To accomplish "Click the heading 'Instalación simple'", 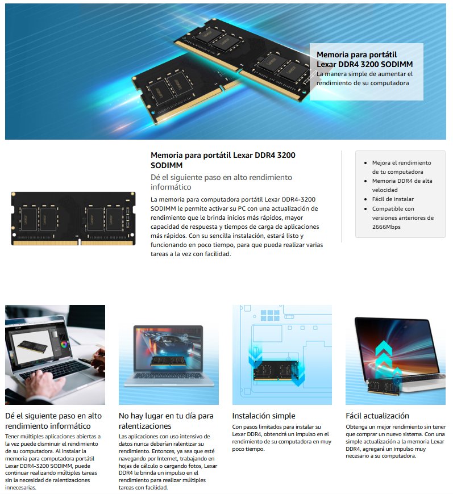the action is (264, 416).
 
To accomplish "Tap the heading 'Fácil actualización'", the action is (377, 416).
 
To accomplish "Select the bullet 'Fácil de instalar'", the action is (393, 199).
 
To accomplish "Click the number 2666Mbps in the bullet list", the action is (386, 227).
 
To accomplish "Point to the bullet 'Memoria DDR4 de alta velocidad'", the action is (402, 185).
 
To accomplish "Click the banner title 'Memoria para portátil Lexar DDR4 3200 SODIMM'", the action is (365, 59).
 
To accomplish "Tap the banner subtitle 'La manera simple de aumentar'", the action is (365, 78).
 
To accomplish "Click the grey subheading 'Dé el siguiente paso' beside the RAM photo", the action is (221, 182).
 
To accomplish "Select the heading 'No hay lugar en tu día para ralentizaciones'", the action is (166, 421).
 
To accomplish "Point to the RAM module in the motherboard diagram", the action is (276, 370).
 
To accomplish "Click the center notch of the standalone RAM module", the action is (80, 242).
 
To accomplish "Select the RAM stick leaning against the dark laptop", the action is (384, 386).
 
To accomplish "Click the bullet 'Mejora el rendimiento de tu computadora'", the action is (401, 168).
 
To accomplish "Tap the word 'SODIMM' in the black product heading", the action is (167, 165).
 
